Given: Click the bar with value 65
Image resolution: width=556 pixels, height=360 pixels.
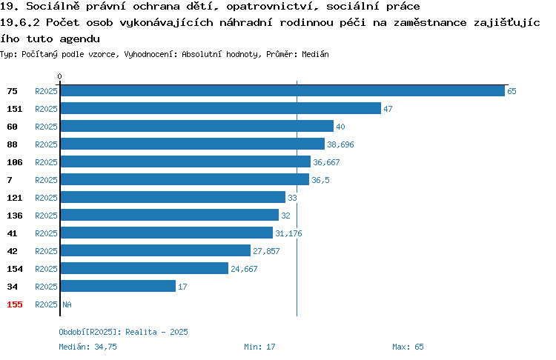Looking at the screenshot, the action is point(282,90).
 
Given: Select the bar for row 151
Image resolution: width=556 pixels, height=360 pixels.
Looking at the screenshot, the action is point(221,108).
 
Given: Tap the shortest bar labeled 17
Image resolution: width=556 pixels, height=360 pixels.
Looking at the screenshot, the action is point(118,287).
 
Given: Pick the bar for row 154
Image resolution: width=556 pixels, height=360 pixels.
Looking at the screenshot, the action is point(145,268).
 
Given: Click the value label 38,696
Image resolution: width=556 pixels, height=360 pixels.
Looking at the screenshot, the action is point(340,144).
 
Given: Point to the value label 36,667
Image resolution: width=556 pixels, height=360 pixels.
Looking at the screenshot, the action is point(326,162).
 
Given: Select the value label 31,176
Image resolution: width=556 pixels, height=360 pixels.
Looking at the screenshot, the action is point(288,233).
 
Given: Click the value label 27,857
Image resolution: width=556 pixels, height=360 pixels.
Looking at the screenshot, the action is point(266,251).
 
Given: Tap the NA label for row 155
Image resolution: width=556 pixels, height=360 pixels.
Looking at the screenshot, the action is point(67,304).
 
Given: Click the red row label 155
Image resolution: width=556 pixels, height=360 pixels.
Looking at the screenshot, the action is point(15,304).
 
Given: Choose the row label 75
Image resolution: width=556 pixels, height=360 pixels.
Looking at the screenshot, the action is point(12,91).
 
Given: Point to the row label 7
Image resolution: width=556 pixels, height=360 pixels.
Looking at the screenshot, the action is point(10,180).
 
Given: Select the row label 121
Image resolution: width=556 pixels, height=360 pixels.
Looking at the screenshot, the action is point(15,198).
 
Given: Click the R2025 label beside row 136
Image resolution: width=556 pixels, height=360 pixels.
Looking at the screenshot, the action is point(46,216).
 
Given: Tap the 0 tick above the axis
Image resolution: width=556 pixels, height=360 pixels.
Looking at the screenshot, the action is point(59,76).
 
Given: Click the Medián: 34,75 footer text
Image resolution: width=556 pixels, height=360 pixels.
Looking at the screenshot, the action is point(87,347).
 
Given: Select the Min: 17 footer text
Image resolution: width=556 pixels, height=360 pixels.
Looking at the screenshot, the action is point(259,347).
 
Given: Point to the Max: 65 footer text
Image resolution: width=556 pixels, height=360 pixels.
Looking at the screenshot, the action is point(408,347).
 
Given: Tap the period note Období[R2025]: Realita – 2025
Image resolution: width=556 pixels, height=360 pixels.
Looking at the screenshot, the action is point(123,332).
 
